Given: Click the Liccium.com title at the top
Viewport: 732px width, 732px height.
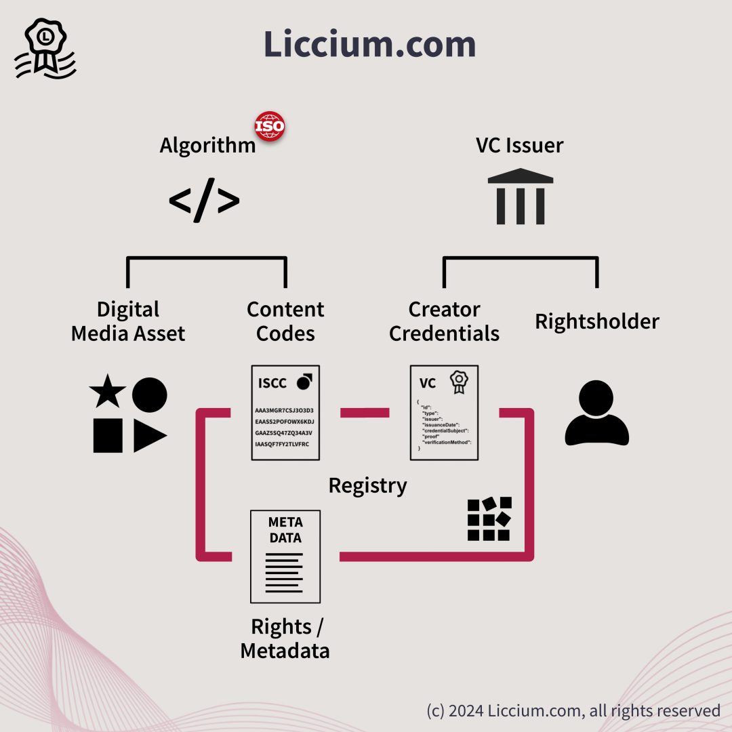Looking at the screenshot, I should (x=369, y=44).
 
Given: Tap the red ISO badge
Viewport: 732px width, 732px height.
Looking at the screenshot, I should (x=269, y=126).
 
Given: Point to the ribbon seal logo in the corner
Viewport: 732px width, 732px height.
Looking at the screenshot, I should (x=45, y=49).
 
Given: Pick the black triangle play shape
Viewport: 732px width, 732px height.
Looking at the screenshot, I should (x=148, y=436).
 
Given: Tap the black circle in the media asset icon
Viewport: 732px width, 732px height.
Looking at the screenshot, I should (x=149, y=394).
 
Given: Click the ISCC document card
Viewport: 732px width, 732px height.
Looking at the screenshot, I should (x=285, y=413).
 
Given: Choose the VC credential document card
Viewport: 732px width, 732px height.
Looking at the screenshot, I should (x=444, y=413).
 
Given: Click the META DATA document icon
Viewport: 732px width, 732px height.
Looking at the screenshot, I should (x=285, y=556).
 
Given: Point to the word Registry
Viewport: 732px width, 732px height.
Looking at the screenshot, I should (x=367, y=485).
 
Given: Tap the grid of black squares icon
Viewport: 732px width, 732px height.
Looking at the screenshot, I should (x=489, y=519).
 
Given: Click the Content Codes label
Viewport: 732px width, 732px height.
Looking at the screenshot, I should (x=285, y=321).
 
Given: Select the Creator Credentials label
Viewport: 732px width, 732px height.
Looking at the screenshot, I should (x=444, y=321).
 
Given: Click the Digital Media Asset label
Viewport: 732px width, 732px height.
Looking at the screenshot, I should (x=128, y=321).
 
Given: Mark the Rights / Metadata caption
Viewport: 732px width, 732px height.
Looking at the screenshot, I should (x=285, y=638).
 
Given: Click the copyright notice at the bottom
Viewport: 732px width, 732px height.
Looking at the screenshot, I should (x=573, y=710).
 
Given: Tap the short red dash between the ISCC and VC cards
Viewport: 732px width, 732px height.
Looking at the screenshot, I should (x=365, y=413).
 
